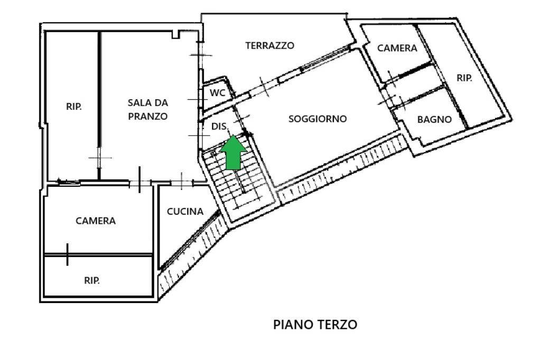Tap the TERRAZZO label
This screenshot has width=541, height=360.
tap(269, 45)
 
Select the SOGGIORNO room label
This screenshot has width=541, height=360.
tap(318, 119)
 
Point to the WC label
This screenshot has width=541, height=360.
tap(218, 93)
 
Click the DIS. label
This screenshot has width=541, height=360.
tap(219, 127)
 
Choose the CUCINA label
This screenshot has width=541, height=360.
tap(185, 212)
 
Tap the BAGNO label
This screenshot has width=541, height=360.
tap(434, 119)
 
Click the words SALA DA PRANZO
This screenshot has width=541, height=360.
tap(148, 109)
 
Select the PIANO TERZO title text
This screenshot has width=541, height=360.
tap(315, 325)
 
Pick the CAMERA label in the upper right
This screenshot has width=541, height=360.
tap(397, 48)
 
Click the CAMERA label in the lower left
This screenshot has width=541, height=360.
tap(96, 221)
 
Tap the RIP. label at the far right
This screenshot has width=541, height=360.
tap(464, 78)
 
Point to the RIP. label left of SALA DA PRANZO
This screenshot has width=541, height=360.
tap(73, 106)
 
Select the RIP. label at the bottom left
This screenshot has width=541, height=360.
tap(92, 281)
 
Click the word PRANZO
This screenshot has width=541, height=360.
tap(148, 116)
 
